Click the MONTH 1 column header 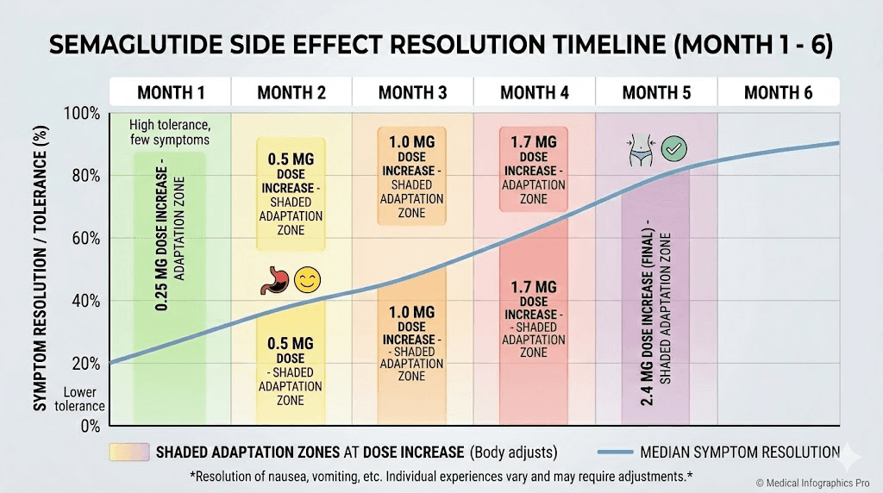(x=170, y=92)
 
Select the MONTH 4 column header (x=535, y=92)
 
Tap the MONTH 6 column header (x=778, y=92)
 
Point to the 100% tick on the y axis (x=84, y=114)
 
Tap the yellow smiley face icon (x=306, y=279)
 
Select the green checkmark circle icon (x=673, y=151)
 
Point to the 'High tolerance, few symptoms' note (x=170, y=132)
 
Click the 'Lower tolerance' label (x=84, y=399)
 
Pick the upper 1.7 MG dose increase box (x=534, y=169)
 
